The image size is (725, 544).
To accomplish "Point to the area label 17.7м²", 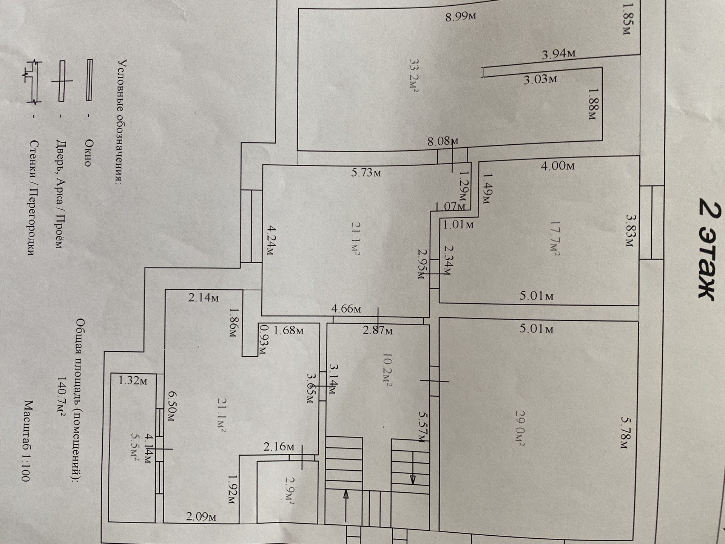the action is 554,238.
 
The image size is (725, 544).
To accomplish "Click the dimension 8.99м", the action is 460,17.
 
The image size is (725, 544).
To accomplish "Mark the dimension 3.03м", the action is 540,79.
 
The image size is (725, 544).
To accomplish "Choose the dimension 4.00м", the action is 557,166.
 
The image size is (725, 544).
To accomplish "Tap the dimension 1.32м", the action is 133,380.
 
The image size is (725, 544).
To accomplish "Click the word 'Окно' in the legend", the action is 88,153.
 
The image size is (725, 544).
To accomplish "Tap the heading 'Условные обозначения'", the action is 122,121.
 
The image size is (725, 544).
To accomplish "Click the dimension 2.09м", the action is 201,516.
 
